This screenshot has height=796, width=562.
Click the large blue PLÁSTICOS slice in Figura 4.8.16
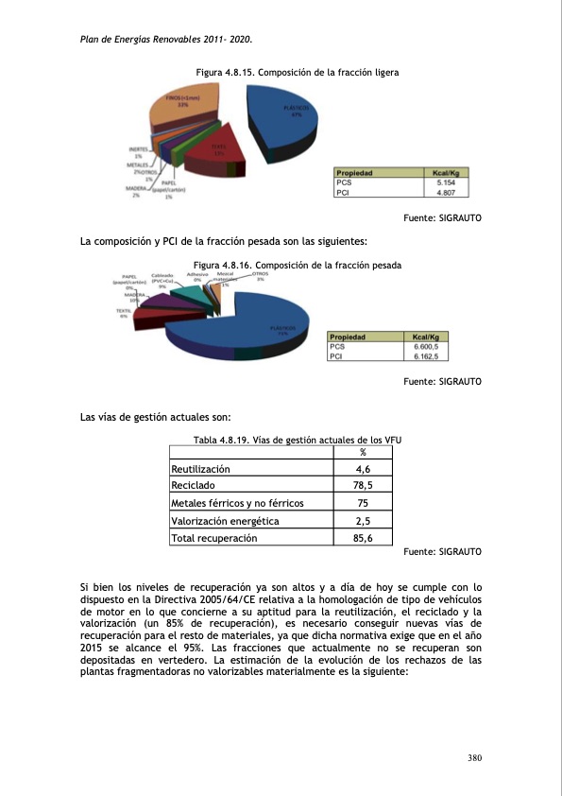[274, 326]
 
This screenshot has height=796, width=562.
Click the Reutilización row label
[200, 469]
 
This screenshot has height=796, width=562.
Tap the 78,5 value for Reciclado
[363, 486]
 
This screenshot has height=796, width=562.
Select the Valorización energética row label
[225, 521]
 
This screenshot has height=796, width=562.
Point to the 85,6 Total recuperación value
[363, 538]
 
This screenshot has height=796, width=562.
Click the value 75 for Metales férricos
[363, 504]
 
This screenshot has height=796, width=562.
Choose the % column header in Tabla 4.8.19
[363, 452]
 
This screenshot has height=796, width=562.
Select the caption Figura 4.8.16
[298, 266]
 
